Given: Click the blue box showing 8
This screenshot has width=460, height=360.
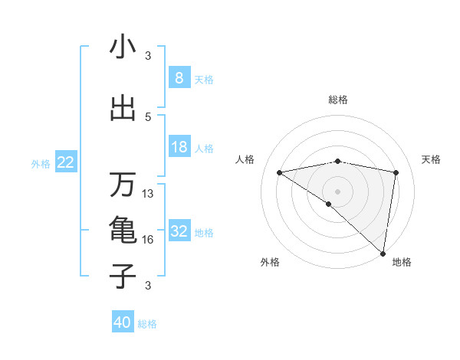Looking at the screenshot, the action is (x=179, y=78).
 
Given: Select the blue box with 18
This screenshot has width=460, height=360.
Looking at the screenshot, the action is (x=179, y=147).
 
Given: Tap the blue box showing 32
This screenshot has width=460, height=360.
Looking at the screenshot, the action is (x=179, y=231).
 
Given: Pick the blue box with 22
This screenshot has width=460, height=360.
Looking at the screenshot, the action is (x=66, y=162).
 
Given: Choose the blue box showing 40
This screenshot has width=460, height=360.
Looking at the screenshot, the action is (x=122, y=322).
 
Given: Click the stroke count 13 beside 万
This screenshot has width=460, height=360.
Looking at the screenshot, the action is (x=148, y=194).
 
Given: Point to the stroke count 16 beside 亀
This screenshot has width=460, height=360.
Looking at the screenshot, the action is (x=148, y=240).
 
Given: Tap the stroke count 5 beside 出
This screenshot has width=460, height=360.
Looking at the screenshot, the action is (x=148, y=116).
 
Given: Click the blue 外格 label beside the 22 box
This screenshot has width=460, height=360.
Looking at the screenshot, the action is (x=41, y=163).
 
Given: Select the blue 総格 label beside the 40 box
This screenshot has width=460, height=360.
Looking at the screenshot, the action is (x=147, y=324).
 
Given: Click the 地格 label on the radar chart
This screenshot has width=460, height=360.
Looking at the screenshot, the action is (x=402, y=262).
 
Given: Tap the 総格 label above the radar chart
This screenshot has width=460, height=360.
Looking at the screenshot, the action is (x=337, y=100).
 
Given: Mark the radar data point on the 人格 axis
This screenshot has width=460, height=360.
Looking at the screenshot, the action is (x=279, y=172).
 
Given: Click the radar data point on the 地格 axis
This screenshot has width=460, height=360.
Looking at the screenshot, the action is (x=383, y=253).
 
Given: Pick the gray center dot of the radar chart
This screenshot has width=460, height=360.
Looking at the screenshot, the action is (x=337, y=190).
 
